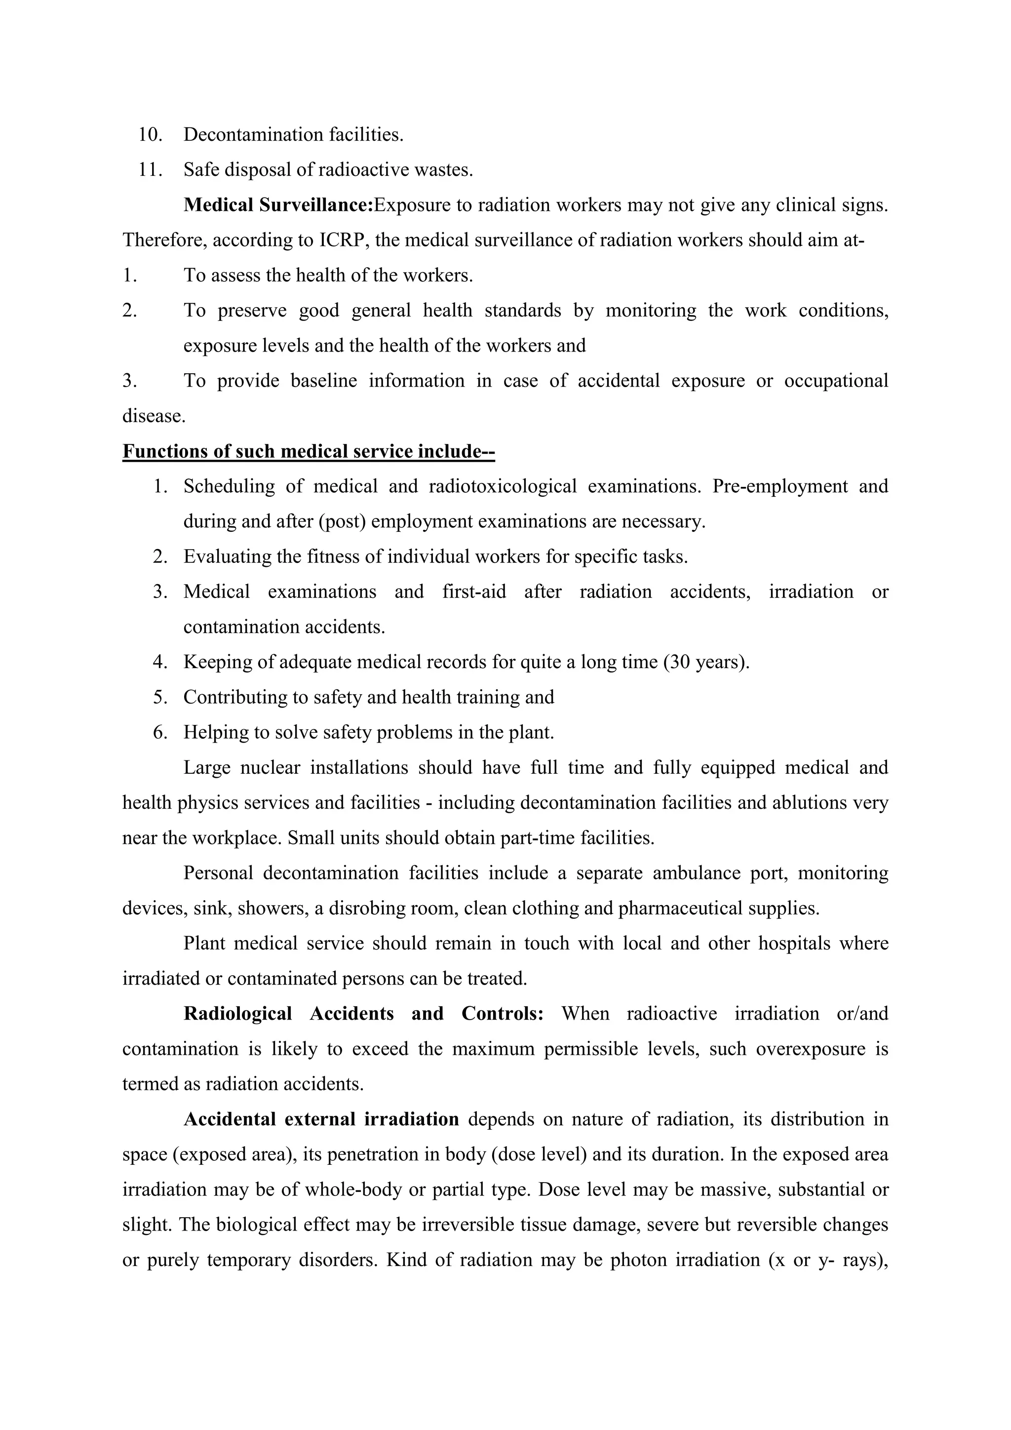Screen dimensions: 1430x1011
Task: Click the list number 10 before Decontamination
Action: coord(150,134)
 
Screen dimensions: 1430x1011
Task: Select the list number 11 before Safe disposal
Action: coord(150,169)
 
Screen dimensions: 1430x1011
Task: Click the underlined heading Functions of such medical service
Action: coord(308,451)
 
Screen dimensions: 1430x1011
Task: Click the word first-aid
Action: coord(474,591)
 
